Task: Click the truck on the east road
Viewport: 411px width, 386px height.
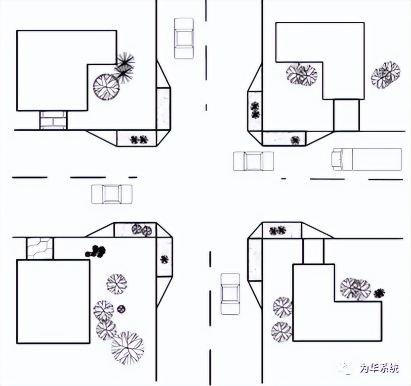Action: pyautogui.click(x=367, y=159)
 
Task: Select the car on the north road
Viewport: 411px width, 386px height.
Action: pyautogui.click(x=184, y=38)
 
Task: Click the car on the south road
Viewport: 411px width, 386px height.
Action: pyautogui.click(x=230, y=294)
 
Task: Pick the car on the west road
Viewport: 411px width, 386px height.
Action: pyautogui.click(x=112, y=194)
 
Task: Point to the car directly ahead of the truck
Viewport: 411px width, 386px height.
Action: pyautogui.click(x=253, y=161)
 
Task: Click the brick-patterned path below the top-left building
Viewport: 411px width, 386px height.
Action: pyautogui.click(x=53, y=120)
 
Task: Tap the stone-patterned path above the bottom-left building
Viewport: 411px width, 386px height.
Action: pyautogui.click(x=40, y=248)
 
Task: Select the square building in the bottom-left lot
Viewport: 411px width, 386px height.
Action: pyautogui.click(x=53, y=301)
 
